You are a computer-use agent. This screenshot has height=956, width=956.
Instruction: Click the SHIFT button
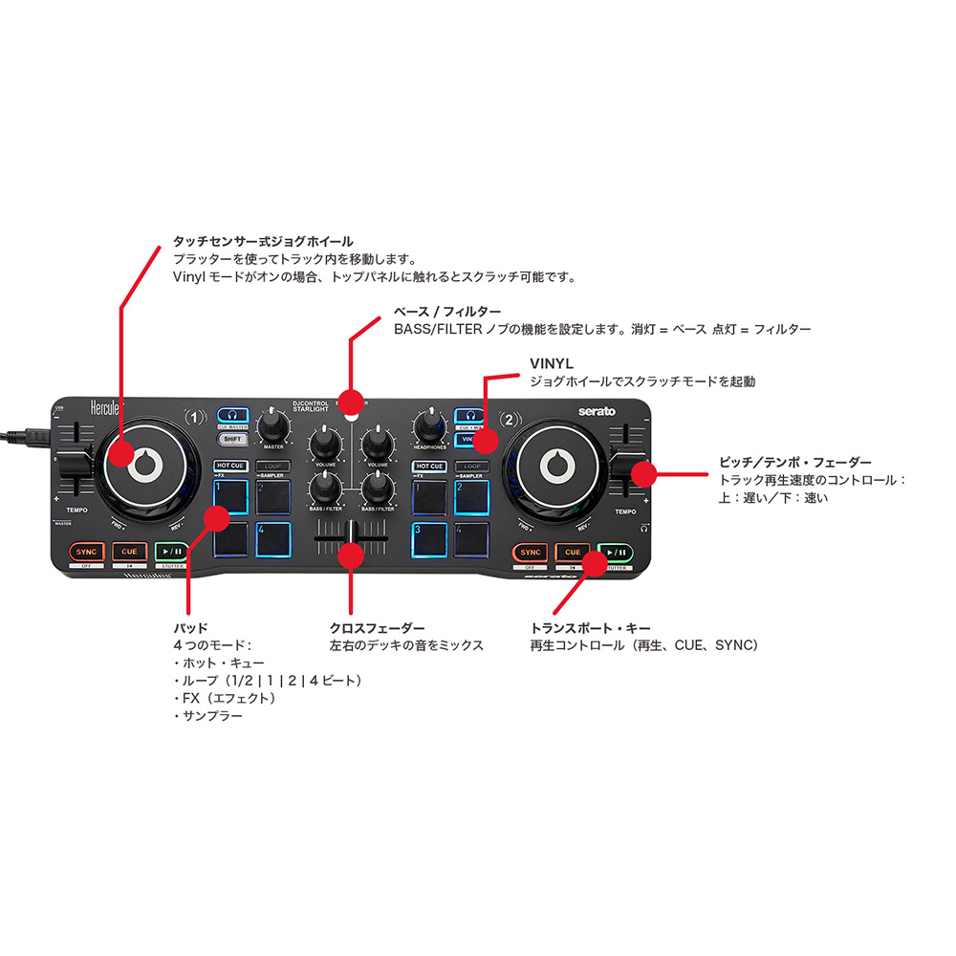pyautogui.click(x=231, y=439)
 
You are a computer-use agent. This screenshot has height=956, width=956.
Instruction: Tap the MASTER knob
pyautogui.click(x=274, y=423)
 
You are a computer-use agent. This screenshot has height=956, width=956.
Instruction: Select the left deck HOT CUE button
pyautogui.click(x=230, y=467)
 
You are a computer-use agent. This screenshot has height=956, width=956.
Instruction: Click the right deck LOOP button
pyautogui.click(x=472, y=467)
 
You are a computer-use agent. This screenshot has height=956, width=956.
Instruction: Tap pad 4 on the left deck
pyautogui.click(x=272, y=540)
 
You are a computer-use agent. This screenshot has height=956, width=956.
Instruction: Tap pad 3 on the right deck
pyautogui.click(x=429, y=540)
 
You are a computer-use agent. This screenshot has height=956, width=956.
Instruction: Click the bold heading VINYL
pyautogui.click(x=552, y=364)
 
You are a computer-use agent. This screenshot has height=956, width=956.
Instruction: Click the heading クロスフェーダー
pyautogui.click(x=377, y=628)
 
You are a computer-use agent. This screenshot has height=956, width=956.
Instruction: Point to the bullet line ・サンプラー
pyautogui.click(x=207, y=715)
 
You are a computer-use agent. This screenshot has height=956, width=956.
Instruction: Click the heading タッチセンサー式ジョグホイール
pyautogui.click(x=263, y=242)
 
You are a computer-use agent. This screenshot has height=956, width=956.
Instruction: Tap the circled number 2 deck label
pyautogui.click(x=511, y=418)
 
